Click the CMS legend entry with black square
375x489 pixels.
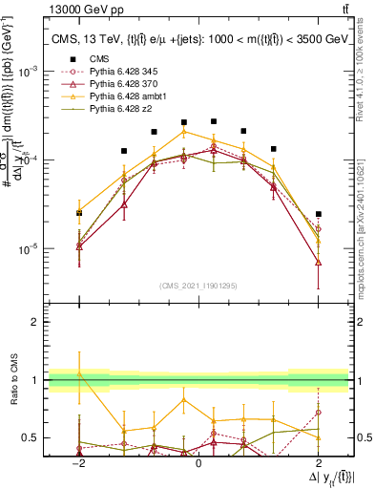pos(98,59)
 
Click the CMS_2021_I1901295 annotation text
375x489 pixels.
pos(198,286)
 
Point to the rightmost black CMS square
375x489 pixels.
pos(319,214)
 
